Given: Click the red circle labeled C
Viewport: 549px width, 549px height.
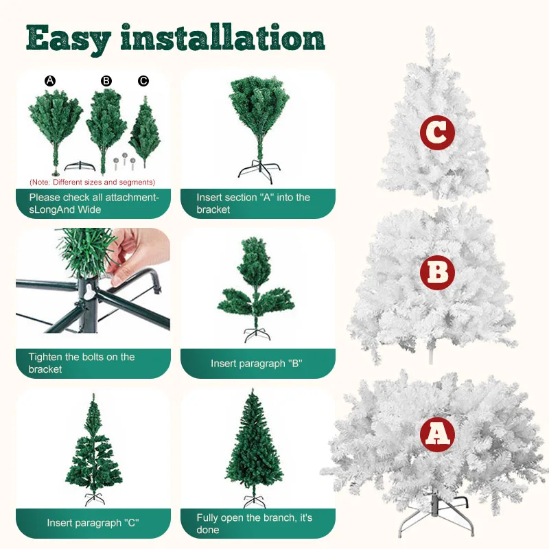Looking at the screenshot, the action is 437,132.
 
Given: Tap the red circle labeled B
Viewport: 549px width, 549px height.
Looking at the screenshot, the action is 437,272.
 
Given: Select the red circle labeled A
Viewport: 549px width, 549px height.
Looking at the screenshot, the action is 437,434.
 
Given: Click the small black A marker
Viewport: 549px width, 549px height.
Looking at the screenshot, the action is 50,81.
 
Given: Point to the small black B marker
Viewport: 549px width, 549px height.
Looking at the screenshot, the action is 106,81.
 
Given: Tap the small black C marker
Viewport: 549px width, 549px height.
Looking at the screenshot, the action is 143,81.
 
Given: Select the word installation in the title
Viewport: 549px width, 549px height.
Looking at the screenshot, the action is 222,37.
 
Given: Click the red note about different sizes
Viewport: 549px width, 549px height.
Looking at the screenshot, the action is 93,182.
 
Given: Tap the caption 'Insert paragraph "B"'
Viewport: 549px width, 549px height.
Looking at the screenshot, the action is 256,364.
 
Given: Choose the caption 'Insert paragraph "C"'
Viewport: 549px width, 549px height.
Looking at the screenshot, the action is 93,523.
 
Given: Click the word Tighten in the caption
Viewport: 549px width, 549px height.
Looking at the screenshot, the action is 45,357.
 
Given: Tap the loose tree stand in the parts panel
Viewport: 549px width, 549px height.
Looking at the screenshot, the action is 80,166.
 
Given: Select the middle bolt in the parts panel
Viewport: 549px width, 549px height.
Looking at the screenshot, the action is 124,159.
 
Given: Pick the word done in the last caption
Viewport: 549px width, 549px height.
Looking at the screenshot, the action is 208,530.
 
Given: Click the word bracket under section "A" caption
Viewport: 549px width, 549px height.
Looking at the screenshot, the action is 213,209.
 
